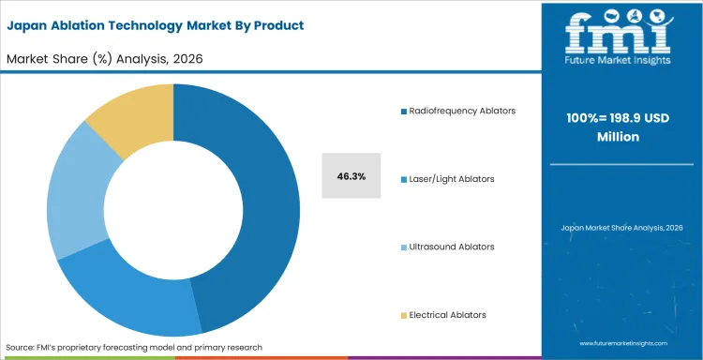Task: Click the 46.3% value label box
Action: click(x=351, y=176)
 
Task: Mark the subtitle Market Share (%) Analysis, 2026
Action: click(x=105, y=59)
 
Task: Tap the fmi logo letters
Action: click(x=620, y=34)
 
